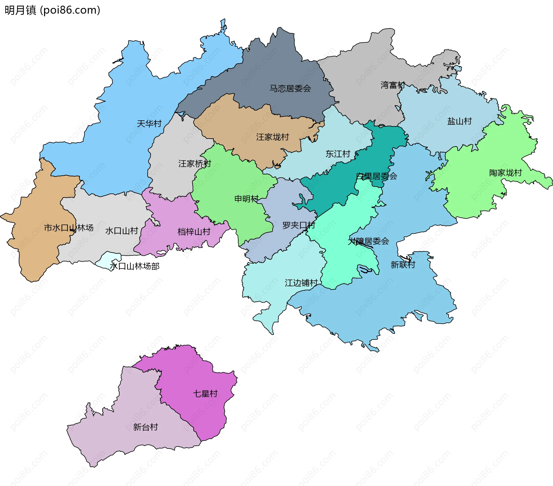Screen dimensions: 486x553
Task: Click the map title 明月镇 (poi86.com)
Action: point(52,10)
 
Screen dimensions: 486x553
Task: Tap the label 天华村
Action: point(149,124)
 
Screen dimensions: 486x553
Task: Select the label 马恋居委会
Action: point(290,88)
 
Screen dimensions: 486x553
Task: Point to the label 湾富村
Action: point(393,85)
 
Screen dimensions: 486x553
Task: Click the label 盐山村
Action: point(459,121)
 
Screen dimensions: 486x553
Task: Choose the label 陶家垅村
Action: point(505,173)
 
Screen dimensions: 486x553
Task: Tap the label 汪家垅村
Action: point(272,137)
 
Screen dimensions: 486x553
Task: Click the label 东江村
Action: point(338,154)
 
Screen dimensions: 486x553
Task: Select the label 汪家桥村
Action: point(195,164)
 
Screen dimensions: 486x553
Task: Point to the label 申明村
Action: point(247,199)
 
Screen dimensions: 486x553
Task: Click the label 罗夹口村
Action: point(299,225)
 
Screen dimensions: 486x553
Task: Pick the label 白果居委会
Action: point(376,176)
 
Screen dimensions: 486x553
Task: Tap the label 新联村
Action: point(403,265)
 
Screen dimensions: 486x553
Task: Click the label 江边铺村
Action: point(301,283)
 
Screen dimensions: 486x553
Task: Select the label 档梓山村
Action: point(194,231)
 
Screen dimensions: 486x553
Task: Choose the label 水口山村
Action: point(122,231)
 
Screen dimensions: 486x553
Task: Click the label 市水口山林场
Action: point(69,228)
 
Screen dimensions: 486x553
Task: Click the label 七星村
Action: point(205,394)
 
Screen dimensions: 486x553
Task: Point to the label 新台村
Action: point(145,427)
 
